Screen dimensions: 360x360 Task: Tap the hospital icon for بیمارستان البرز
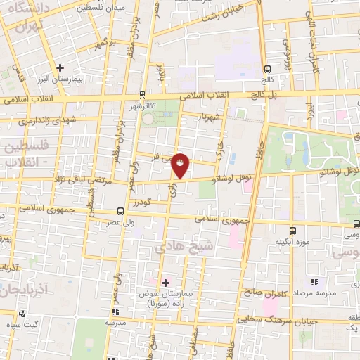tap(60, 69)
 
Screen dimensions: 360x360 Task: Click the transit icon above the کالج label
tap(266, 69)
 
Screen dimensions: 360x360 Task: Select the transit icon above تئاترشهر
tap(143, 94)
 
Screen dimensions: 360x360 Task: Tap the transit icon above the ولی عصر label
tap(120, 211)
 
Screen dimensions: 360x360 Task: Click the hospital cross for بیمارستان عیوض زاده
tap(166, 283)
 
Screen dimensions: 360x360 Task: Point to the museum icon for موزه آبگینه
tap(293, 231)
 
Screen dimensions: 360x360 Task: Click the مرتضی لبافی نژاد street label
tap(83, 181)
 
